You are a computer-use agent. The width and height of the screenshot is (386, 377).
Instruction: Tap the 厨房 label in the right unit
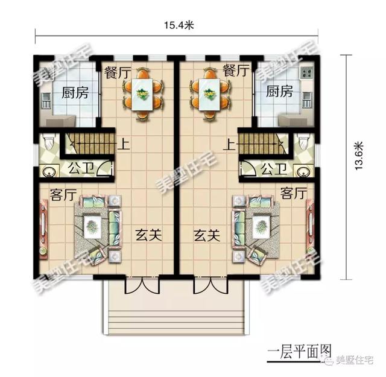coord(279,92)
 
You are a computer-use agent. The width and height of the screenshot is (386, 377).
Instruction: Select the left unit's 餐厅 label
coord(118,71)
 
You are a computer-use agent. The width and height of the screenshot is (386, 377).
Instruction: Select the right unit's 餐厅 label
coord(235,71)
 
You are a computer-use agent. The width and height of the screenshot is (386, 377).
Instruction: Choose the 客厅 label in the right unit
coord(293,194)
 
